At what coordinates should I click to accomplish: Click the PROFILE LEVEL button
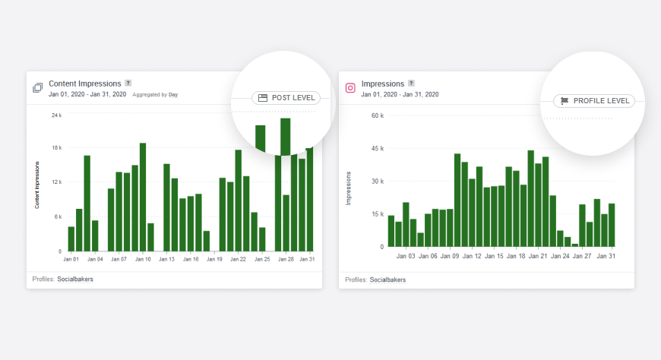[594, 100]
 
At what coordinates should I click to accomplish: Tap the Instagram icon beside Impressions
[350, 88]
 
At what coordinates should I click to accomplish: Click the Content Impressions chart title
[85, 84]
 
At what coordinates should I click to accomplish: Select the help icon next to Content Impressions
[128, 84]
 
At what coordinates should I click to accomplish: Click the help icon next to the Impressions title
[411, 84]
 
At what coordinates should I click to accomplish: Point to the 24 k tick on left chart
[56, 115]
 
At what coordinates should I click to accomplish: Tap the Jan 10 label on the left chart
[143, 259]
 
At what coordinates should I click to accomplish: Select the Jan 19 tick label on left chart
[214, 259]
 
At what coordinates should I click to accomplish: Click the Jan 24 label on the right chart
[560, 257]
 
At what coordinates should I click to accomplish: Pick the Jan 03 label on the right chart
[406, 257]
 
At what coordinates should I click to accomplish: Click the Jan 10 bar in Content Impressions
[142, 197]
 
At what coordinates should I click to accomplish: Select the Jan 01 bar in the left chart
[71, 238]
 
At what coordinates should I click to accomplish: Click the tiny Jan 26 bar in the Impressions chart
[575, 245]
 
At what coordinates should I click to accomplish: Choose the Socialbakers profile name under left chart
[75, 279]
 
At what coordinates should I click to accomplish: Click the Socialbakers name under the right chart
[387, 279]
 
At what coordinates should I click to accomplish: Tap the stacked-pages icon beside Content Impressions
[37, 88]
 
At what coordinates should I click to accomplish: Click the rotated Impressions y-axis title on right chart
[349, 188]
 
